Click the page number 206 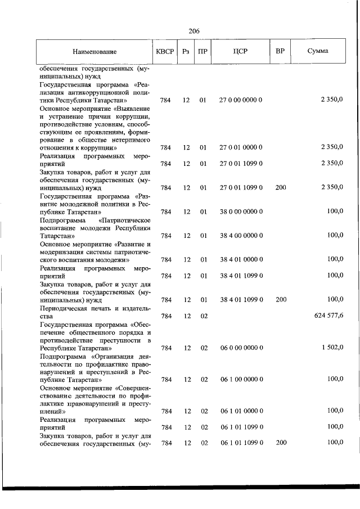[x=195, y=31]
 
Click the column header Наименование [x=94, y=52]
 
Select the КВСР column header [x=165, y=52]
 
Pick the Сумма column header [x=318, y=52]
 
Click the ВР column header [x=280, y=52]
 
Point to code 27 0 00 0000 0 [x=241, y=100]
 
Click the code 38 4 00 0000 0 [x=241, y=236]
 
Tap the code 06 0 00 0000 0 [x=241, y=348]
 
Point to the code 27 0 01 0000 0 [x=241, y=147]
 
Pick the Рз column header [x=186, y=52]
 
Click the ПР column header [x=203, y=52]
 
